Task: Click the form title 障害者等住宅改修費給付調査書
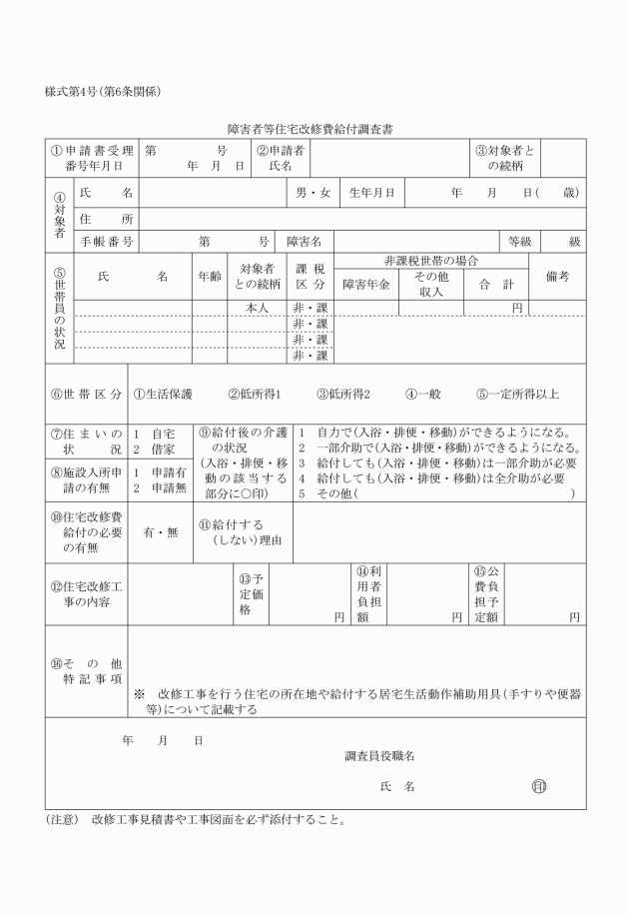click(314, 129)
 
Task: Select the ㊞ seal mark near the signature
click(539, 786)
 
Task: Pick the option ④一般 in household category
click(424, 394)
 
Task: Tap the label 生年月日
click(371, 192)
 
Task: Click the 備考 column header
click(557, 277)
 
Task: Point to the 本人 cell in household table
click(258, 309)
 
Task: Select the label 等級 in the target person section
click(520, 241)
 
